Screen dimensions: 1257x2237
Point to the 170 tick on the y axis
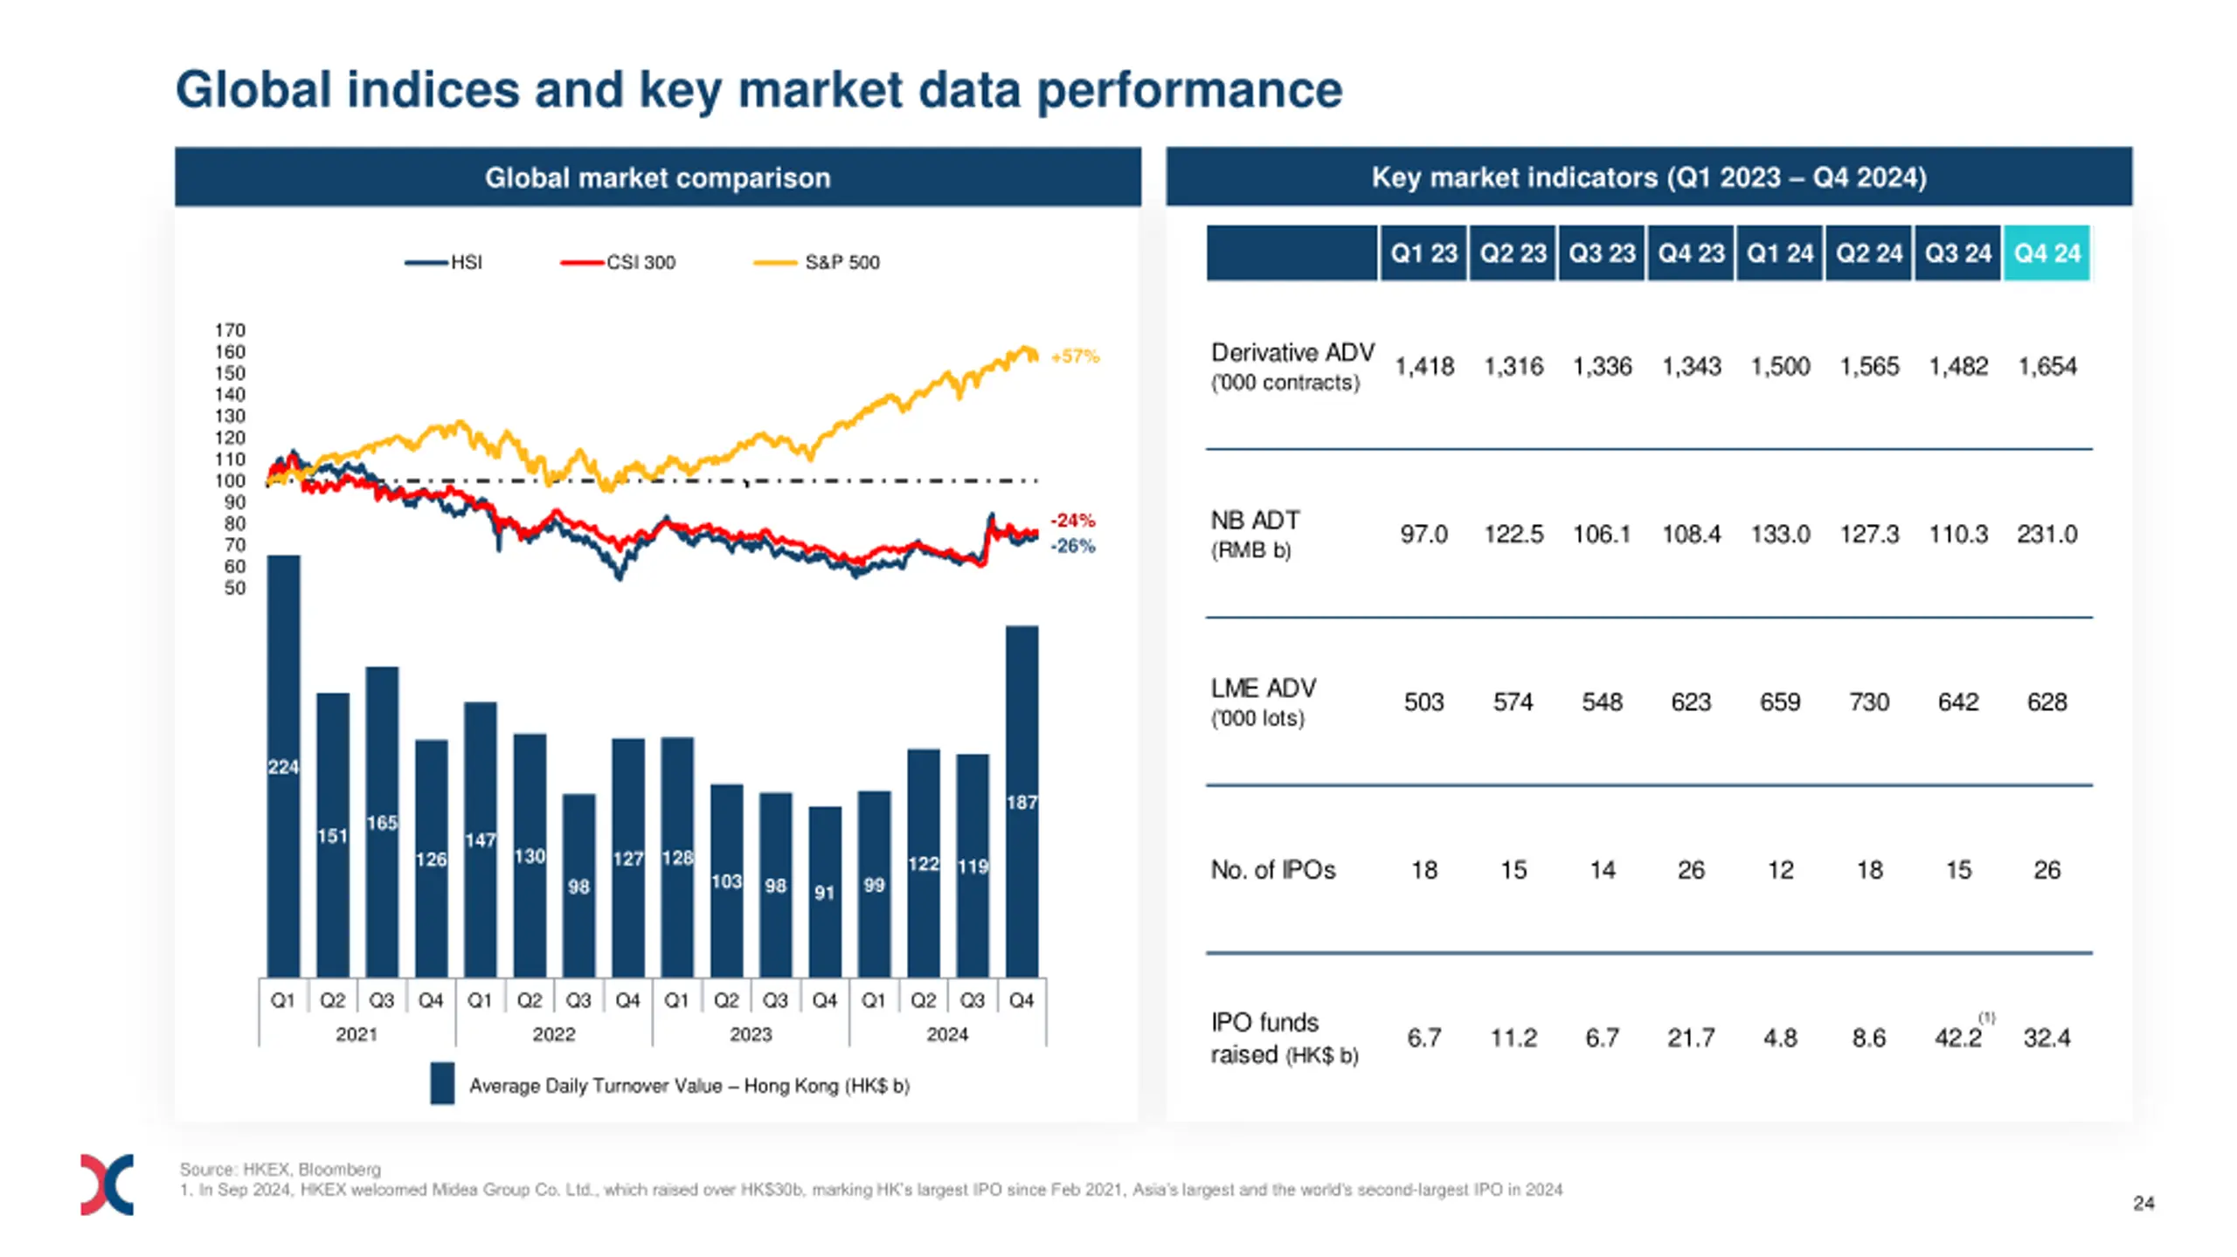click(x=231, y=330)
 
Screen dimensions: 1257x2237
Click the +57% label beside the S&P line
click(x=1075, y=356)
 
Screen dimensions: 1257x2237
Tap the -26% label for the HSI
click(x=1072, y=546)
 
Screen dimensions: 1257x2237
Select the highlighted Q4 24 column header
click(x=2047, y=253)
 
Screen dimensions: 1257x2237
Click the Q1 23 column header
click(x=1423, y=253)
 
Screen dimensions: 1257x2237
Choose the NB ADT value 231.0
click(x=2047, y=534)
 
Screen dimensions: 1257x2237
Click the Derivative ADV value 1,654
click(x=2047, y=366)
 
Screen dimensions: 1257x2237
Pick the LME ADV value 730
click(x=1868, y=701)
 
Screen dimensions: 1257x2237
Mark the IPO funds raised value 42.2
click(x=1957, y=1037)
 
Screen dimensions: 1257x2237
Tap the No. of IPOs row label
click(x=1273, y=869)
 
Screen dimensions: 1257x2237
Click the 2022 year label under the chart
click(x=554, y=1034)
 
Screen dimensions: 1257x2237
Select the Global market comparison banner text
click(x=657, y=177)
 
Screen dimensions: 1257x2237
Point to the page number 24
click(x=2143, y=1203)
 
